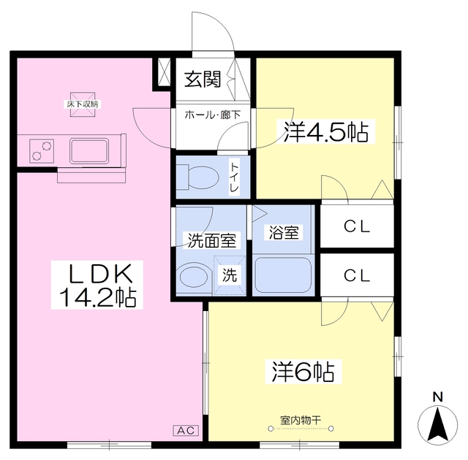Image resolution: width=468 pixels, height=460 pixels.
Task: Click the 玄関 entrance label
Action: click(x=203, y=80)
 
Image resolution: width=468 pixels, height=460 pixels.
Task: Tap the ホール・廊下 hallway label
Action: click(x=213, y=115)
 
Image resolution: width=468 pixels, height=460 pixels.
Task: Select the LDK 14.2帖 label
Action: click(x=97, y=285)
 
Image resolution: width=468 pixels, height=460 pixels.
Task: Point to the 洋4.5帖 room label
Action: click(x=325, y=131)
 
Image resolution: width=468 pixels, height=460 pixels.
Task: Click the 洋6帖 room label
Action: click(x=303, y=372)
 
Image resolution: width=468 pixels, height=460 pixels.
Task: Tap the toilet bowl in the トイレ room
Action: click(x=197, y=177)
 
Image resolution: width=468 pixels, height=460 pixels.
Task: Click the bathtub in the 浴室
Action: click(x=282, y=275)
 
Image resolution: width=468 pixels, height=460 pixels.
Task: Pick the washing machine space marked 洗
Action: click(x=230, y=275)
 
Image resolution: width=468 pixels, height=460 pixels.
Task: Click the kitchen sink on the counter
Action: click(x=89, y=151)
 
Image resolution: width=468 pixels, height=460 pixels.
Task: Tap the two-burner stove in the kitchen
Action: click(x=42, y=151)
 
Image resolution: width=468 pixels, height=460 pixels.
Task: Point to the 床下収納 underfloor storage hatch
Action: click(x=83, y=104)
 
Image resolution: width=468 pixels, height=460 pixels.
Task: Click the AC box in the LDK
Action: click(x=186, y=430)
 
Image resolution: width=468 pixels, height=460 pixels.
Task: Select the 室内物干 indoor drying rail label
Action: click(x=301, y=421)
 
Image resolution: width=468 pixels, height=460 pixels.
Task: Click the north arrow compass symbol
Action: click(x=437, y=424)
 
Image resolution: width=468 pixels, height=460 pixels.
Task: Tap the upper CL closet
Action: click(x=357, y=226)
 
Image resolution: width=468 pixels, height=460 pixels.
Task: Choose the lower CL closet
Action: click(x=357, y=275)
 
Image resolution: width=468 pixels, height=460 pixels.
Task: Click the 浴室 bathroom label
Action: click(x=284, y=233)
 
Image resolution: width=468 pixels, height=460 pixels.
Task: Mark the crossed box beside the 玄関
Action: click(x=164, y=72)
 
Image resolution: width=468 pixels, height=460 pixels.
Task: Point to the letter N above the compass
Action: click(x=437, y=397)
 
